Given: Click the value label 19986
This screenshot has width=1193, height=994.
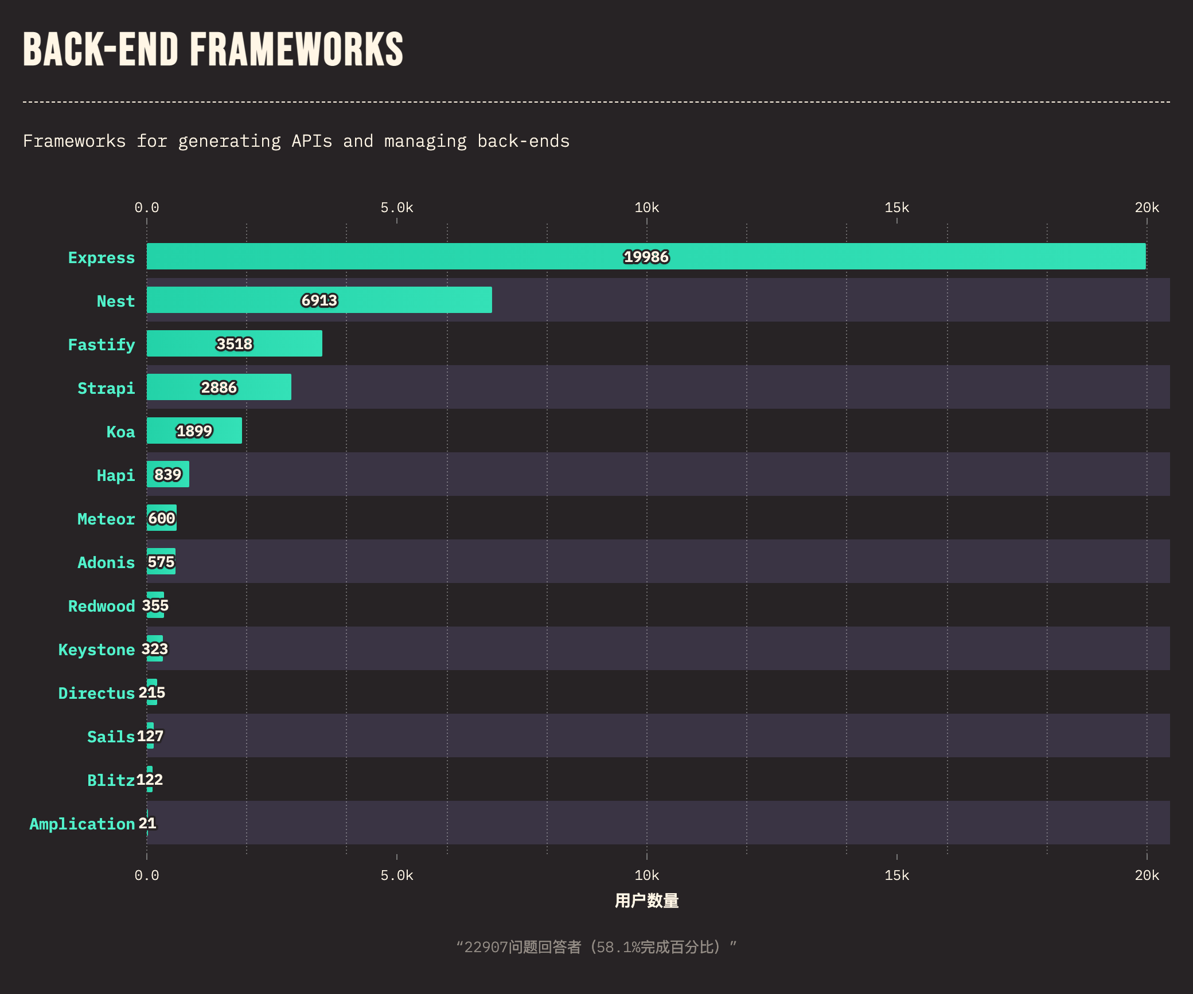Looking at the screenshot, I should pyautogui.click(x=646, y=257).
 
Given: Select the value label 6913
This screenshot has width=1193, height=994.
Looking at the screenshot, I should pyautogui.click(x=319, y=300).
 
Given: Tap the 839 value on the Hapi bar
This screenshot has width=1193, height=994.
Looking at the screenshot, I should pyautogui.click(x=167, y=475).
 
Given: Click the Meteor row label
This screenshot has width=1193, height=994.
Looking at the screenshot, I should pyautogui.click(x=106, y=519).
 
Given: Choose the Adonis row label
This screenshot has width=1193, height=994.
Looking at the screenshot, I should pyautogui.click(x=106, y=562).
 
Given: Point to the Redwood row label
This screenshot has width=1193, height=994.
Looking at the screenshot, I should pyautogui.click(x=102, y=606).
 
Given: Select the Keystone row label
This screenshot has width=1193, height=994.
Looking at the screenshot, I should pyautogui.click(x=96, y=649).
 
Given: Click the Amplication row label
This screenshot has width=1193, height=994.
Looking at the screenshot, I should pyautogui.click(x=82, y=824).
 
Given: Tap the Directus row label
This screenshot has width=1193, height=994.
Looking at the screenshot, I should pyautogui.click(x=96, y=693).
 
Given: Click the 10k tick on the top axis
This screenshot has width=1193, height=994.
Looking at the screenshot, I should pyautogui.click(x=646, y=208).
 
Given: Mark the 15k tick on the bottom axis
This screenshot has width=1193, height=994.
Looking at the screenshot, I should pyautogui.click(x=896, y=875).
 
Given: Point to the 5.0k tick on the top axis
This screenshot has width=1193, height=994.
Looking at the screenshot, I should pyautogui.click(x=396, y=208).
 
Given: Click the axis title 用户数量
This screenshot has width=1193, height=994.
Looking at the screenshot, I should pyautogui.click(x=646, y=901).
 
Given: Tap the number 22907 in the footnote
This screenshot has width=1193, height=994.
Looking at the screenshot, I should pyautogui.click(x=486, y=947).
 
